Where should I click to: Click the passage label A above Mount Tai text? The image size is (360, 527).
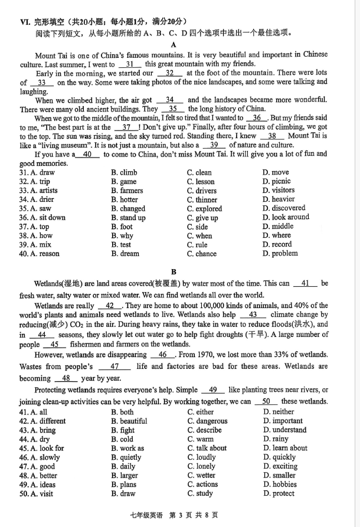(174, 44)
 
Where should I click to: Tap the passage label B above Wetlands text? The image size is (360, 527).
(174, 272)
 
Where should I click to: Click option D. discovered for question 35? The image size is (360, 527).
(284, 208)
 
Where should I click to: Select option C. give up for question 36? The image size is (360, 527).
(202, 218)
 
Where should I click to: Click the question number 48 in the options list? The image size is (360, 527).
(24, 476)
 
